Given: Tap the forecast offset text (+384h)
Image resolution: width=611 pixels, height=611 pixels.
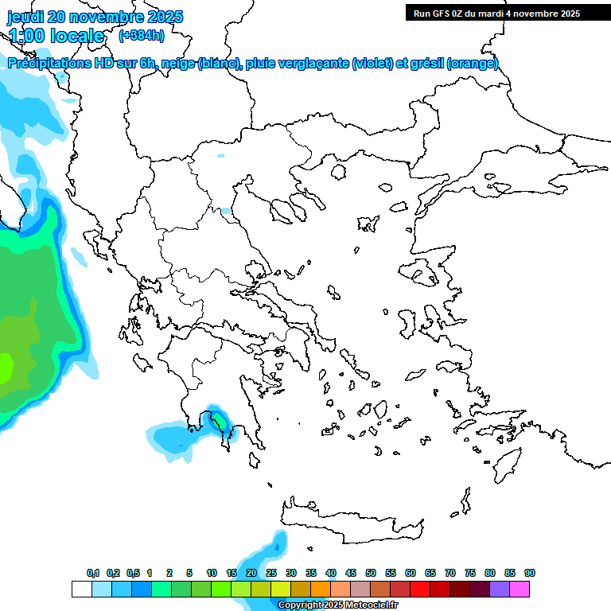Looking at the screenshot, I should pos(141,35).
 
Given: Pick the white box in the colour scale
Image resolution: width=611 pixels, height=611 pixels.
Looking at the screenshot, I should pos(81,590).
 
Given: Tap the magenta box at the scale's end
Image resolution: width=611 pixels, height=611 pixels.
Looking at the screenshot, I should pos(520,590).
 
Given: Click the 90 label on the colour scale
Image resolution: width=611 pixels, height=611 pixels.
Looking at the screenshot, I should pos(529,573).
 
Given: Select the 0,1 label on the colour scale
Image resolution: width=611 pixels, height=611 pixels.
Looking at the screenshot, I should pos(92,573).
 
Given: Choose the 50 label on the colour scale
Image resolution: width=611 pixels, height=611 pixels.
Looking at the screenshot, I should pos(371,573).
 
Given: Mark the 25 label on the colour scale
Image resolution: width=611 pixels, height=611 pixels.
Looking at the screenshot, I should pos(271,573).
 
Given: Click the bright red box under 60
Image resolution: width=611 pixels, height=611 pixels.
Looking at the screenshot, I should pos(419,590).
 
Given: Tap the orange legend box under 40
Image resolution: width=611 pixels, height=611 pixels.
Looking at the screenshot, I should pos(320,590).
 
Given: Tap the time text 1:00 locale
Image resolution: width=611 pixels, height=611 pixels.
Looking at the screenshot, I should pos(56,36).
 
